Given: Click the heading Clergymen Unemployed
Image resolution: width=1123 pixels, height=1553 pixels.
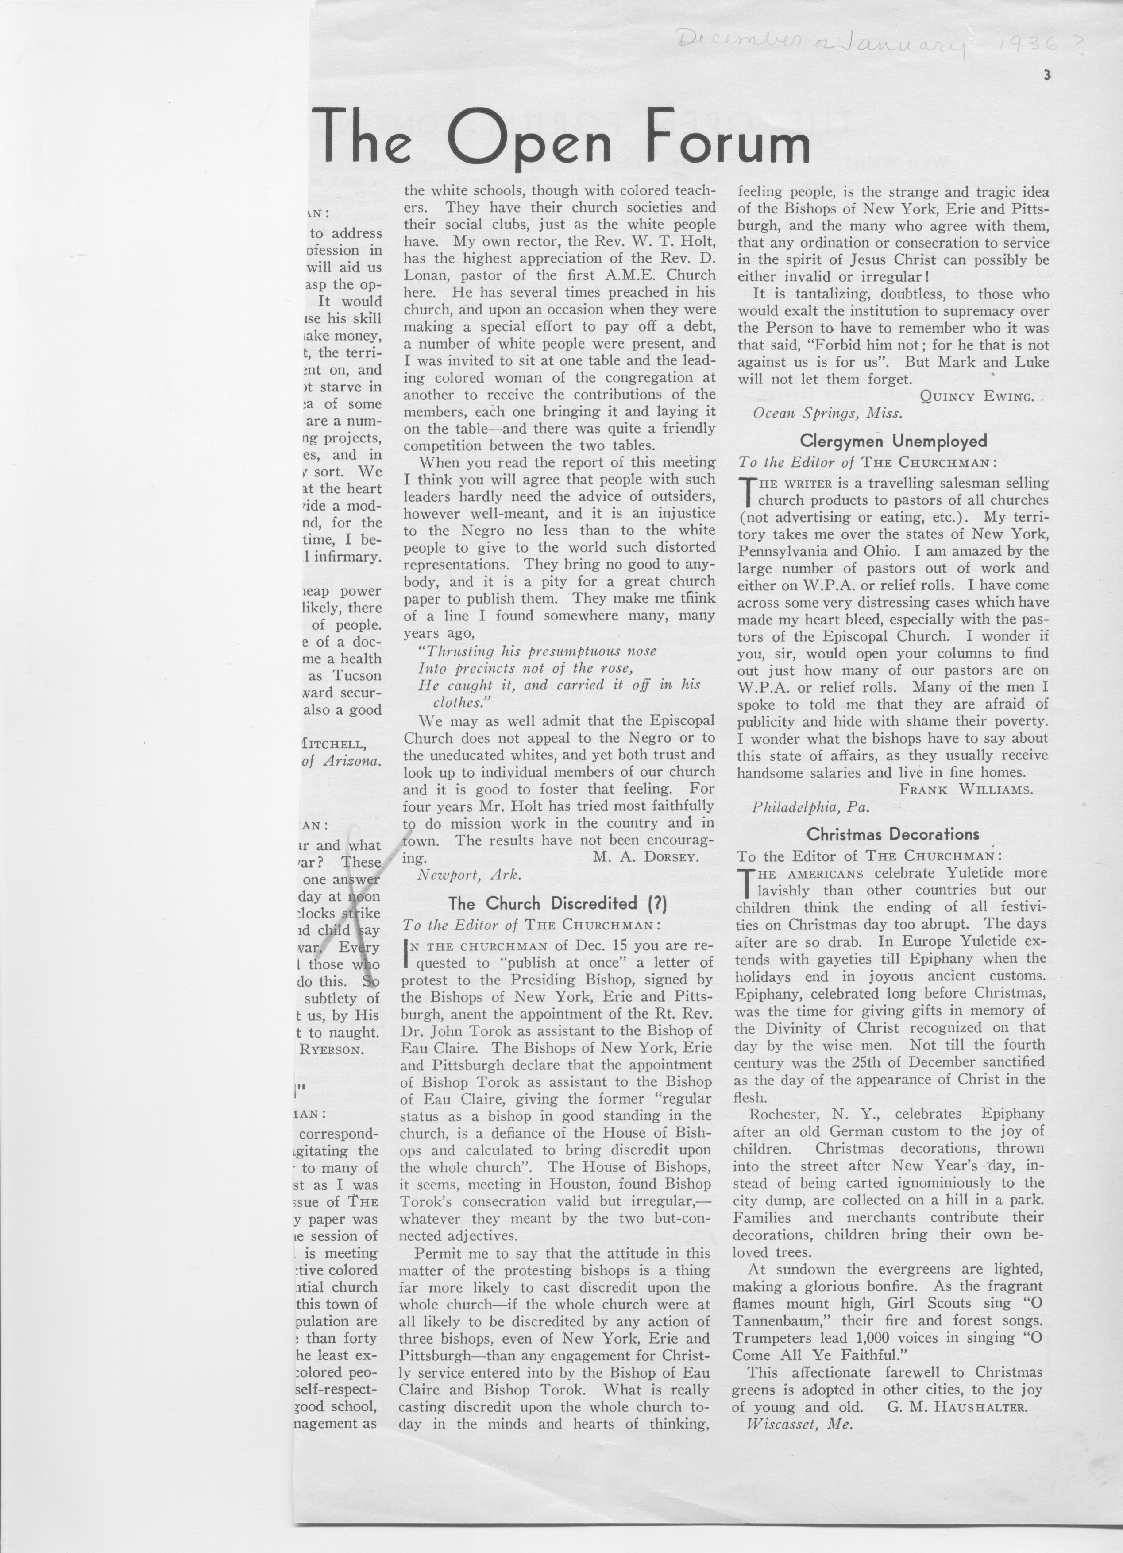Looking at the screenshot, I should (x=893, y=440).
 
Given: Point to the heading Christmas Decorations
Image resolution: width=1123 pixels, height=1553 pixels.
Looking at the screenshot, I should (x=892, y=834).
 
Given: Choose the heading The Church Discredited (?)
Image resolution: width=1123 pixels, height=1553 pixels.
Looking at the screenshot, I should (x=557, y=904).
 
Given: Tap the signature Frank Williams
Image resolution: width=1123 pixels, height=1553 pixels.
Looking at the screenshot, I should (x=965, y=789).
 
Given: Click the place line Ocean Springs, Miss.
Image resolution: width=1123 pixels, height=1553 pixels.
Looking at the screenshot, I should (x=827, y=413).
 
